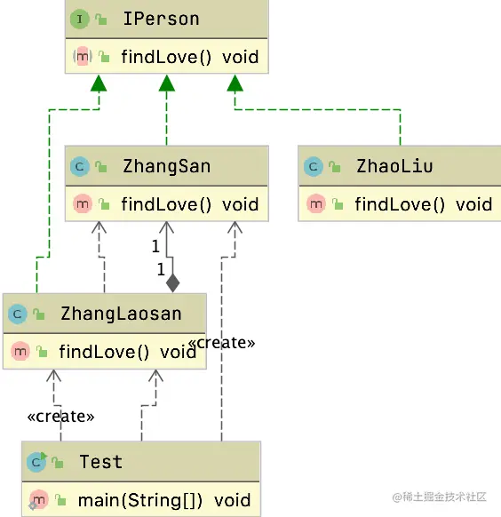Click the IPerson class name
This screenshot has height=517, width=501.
pos(160,19)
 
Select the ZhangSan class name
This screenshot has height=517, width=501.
pos(166,165)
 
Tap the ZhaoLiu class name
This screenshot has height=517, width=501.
pos(394,165)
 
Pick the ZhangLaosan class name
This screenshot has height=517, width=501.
pos(121,314)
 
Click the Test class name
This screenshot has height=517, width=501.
pos(100,462)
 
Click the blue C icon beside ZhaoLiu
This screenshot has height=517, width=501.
pos(313,166)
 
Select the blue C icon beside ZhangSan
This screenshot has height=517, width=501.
pos(80,166)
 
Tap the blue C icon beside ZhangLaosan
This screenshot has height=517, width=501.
pos(18,314)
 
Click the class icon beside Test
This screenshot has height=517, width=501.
pos(37,462)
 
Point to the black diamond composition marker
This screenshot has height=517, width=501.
pos(172,283)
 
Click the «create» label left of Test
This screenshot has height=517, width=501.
pos(60,415)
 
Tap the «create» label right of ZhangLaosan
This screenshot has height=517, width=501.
pos(222,342)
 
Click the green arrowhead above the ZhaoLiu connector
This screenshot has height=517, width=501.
pos(235,84)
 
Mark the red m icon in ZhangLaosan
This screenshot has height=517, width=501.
pos(20,353)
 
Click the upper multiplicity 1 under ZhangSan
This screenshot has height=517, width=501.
pos(155,246)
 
